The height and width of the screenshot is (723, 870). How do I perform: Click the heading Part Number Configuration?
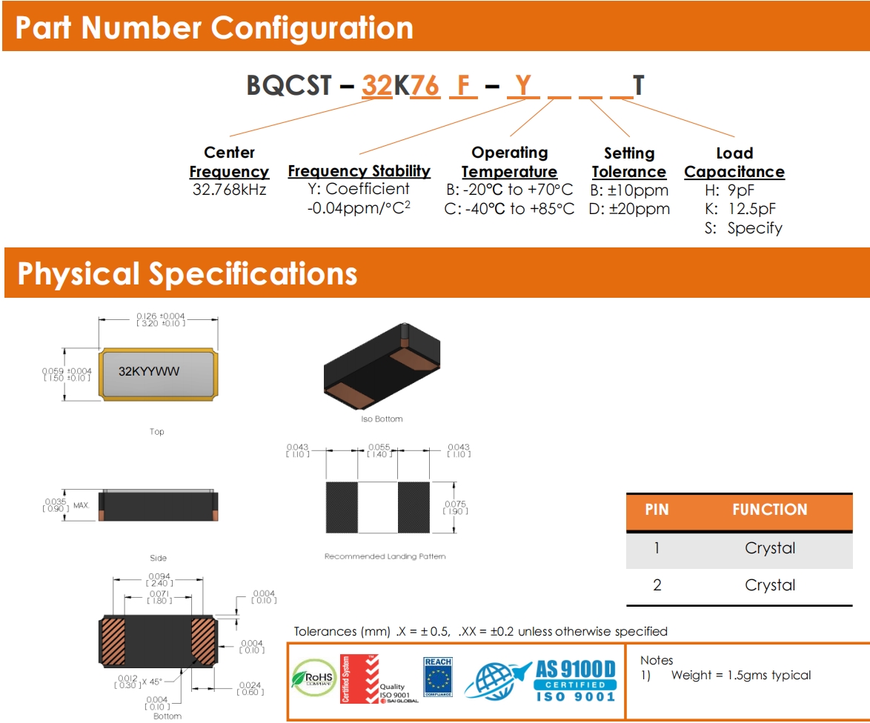point(214,28)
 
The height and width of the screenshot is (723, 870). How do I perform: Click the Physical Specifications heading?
point(187,273)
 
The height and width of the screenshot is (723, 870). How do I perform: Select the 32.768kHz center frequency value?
point(229,190)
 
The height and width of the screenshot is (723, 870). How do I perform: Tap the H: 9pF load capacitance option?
point(729,190)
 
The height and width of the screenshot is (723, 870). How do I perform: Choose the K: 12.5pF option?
point(740,209)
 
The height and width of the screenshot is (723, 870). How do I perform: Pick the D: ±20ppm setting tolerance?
point(629,209)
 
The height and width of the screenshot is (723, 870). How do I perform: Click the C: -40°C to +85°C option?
point(509,209)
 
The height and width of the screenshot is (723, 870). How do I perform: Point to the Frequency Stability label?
point(359,171)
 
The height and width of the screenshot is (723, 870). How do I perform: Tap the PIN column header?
point(657,510)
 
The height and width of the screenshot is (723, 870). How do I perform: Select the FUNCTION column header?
point(769,510)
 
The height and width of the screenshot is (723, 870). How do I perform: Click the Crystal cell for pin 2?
point(770,585)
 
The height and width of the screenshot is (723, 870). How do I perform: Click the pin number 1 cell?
point(657,548)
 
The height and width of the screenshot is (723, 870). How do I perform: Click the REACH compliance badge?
point(437,676)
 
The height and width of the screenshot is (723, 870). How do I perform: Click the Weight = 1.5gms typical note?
point(740,676)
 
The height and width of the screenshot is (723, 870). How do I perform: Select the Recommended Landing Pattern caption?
point(385,556)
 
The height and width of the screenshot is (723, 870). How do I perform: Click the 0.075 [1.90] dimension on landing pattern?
point(456,507)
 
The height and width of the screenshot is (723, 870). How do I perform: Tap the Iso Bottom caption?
point(382,419)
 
